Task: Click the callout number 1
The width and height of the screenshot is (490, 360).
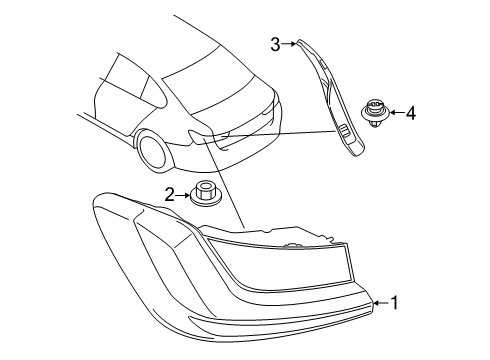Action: (395, 301)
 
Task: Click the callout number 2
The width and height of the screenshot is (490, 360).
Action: (170, 195)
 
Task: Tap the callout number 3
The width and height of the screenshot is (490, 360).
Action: (275, 43)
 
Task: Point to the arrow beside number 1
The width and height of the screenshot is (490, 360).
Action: (380, 301)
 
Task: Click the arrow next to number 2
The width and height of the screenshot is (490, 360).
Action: (183, 195)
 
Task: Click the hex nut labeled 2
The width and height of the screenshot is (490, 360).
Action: (205, 194)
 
